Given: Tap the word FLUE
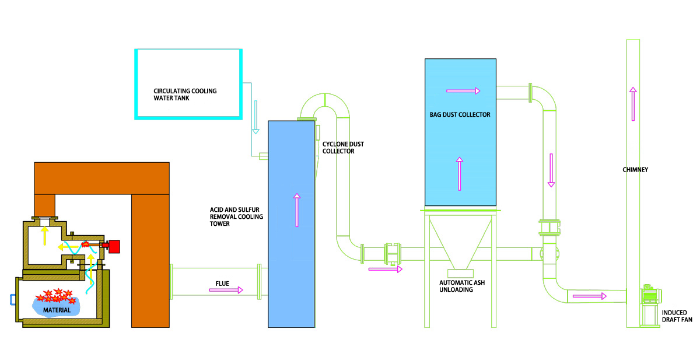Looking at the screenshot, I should [222, 284].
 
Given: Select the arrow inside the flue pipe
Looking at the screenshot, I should [226, 290].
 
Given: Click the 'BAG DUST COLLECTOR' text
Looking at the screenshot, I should [460, 115].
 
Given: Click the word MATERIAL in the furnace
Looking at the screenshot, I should [57, 310].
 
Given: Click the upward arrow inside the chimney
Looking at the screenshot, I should [632, 103].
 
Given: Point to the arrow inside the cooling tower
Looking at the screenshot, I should [297, 210].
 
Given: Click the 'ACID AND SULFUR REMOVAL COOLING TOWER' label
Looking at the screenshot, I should [236, 217].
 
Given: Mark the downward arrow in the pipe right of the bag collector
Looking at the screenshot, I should [550, 170].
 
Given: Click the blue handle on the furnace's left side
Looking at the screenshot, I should [13, 300].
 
